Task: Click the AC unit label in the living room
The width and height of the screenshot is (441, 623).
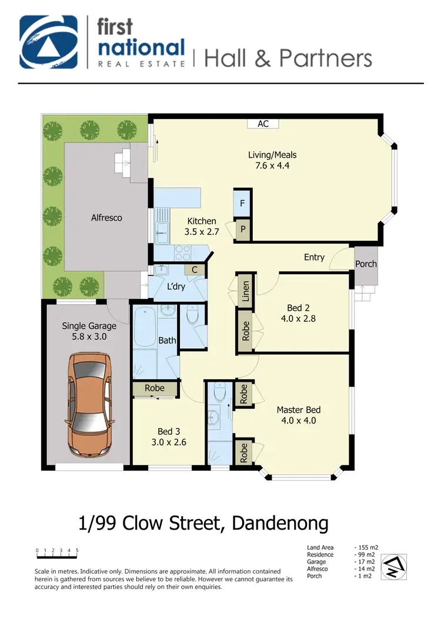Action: point(263,124)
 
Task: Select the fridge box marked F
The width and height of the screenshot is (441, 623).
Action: point(243,204)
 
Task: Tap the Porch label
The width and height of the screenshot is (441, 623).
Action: point(366,264)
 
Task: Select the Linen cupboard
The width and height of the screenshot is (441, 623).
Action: point(246,290)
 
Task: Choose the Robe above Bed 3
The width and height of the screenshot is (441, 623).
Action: point(155,388)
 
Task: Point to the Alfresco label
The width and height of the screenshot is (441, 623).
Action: point(106,218)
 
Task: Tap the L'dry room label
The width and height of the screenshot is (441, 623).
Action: point(176,287)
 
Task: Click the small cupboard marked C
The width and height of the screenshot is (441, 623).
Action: point(194,270)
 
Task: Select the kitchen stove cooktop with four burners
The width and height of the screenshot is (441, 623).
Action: point(183,253)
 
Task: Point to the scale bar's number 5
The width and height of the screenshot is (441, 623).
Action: point(77,551)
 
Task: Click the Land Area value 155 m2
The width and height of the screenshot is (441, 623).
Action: point(368,548)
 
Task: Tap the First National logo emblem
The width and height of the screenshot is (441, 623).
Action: point(49,42)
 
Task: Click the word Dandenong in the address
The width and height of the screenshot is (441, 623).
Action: point(280,522)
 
